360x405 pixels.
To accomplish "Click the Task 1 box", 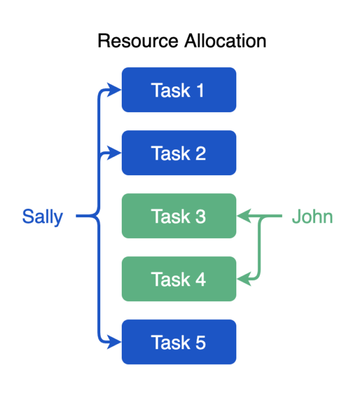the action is pyautogui.click(x=179, y=90).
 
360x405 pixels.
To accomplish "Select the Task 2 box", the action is pyautogui.click(x=179, y=153).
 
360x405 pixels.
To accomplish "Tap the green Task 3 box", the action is pyautogui.click(x=179, y=216).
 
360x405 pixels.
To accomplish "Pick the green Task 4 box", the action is pyautogui.click(x=179, y=279).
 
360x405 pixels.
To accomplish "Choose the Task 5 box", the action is pyautogui.click(x=179, y=342).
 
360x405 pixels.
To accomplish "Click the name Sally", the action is pyautogui.click(x=43, y=217).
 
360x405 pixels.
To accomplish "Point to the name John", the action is pyautogui.click(x=312, y=217).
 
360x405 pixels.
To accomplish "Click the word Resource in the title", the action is pyautogui.click(x=138, y=41).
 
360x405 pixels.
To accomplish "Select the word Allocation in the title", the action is pyautogui.click(x=225, y=41).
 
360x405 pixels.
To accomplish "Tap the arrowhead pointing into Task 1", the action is pyautogui.click(x=114, y=90).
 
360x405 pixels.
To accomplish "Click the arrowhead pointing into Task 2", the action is pyautogui.click(x=114, y=153).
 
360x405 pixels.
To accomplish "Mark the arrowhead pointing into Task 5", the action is pyautogui.click(x=114, y=342).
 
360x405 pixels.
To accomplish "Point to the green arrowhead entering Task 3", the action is pyautogui.click(x=244, y=216).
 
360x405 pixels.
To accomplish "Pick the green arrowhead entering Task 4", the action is pyautogui.click(x=244, y=279).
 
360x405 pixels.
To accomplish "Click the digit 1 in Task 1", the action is pyautogui.click(x=200, y=91).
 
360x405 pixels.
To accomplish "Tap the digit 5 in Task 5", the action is pyautogui.click(x=200, y=343).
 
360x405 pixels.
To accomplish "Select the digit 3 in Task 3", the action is pyautogui.click(x=200, y=217).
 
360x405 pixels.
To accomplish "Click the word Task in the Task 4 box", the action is pyautogui.click(x=171, y=280).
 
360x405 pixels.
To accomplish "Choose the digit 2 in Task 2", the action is pyautogui.click(x=200, y=154).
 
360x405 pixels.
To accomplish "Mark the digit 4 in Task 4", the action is pyautogui.click(x=200, y=280).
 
